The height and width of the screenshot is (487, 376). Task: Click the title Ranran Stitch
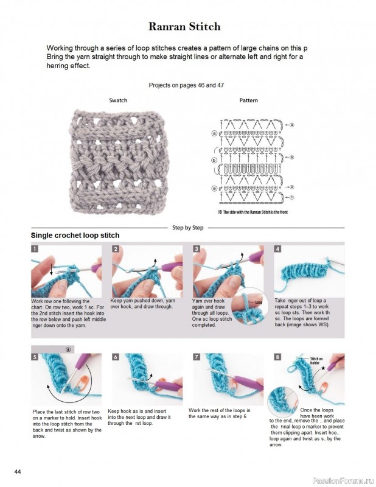tap(184, 27)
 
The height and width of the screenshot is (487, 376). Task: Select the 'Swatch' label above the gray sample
tap(118, 100)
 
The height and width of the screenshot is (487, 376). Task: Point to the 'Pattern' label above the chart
tap(248, 100)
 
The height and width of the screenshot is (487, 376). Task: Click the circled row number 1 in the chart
tap(291, 197)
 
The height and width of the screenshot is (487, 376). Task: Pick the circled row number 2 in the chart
tap(291, 187)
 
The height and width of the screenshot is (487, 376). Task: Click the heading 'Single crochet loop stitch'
tap(75, 236)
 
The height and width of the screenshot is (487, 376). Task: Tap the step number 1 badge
tap(35, 249)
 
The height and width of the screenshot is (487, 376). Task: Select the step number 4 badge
tap(277, 249)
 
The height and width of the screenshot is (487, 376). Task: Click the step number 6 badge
tap(115, 357)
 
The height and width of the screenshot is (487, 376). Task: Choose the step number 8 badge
tap(277, 357)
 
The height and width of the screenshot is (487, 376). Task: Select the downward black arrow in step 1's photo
tap(51, 268)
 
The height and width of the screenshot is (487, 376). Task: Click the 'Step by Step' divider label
tap(188, 227)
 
